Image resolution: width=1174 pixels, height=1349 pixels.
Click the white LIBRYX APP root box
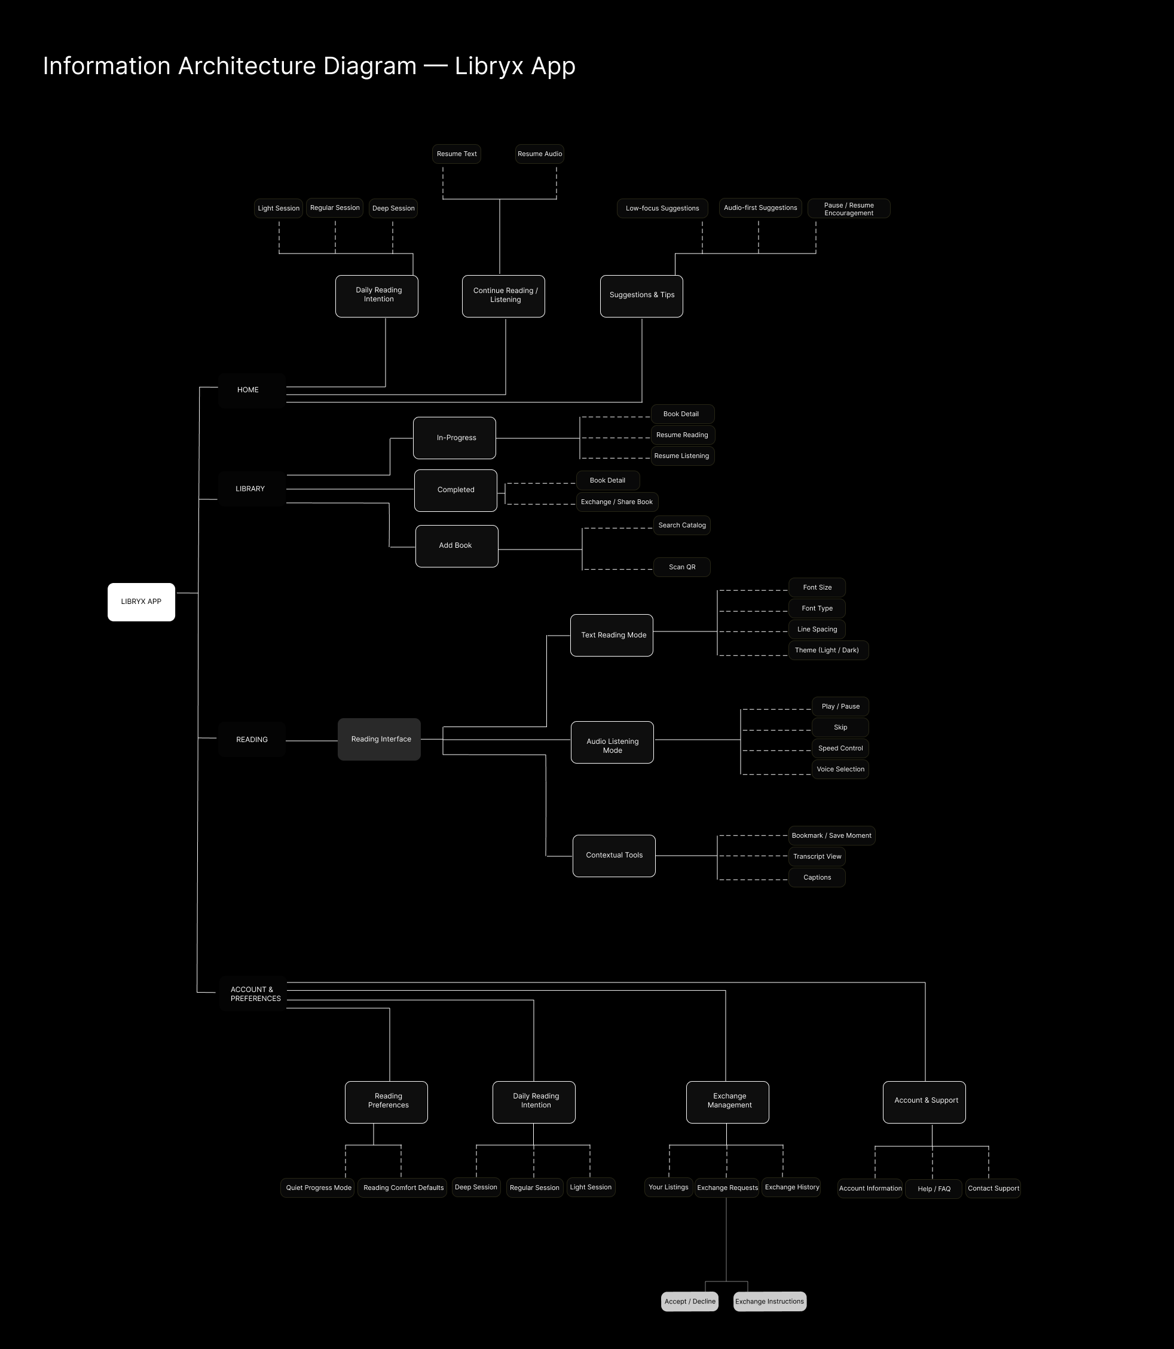click(141, 602)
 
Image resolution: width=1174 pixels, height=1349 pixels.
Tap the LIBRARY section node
click(251, 489)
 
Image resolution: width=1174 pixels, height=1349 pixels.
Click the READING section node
click(252, 739)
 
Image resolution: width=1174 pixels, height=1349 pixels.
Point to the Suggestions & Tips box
click(641, 295)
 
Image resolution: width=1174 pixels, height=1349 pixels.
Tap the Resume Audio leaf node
click(539, 154)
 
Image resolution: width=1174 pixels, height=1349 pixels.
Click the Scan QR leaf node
click(681, 567)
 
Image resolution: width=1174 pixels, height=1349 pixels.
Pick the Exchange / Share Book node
click(616, 502)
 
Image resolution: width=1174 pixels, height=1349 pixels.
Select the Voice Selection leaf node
click(840, 769)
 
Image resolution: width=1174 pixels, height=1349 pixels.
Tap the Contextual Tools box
click(614, 855)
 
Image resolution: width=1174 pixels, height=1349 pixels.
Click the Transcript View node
click(817, 856)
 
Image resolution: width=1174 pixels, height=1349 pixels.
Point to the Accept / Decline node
click(689, 1301)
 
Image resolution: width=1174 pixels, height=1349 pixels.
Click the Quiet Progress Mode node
click(319, 1188)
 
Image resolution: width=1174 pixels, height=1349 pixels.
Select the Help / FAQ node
click(934, 1189)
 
